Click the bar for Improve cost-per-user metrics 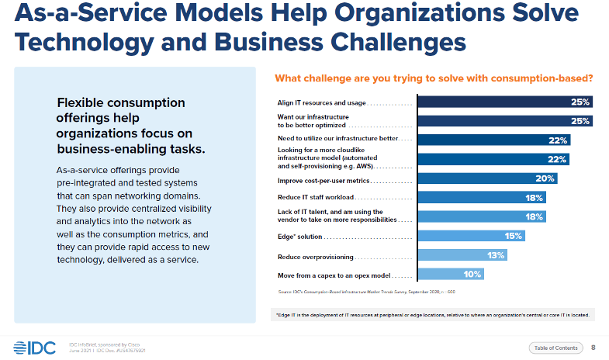point(487,178)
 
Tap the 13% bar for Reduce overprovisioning point(462,255)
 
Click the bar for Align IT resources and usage point(505,102)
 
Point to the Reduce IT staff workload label point(313,198)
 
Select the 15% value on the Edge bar point(514,236)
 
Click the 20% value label point(546,178)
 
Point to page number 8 point(593,347)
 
